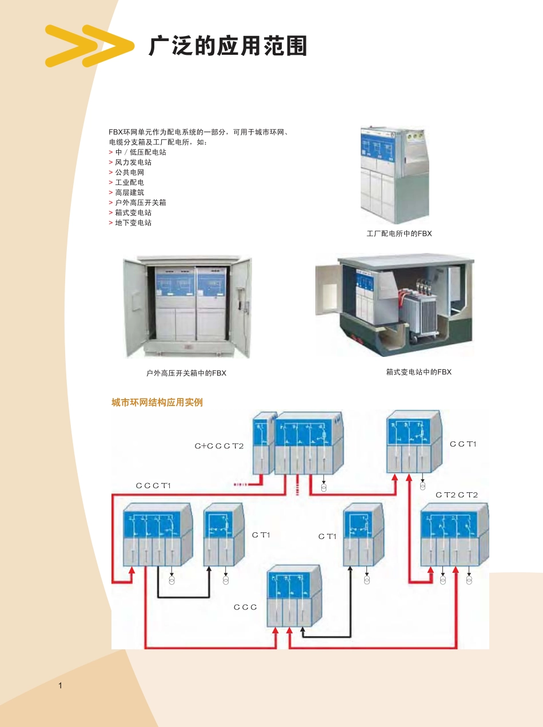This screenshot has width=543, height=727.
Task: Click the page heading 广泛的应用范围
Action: [227, 46]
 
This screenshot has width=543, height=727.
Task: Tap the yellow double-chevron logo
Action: [89, 46]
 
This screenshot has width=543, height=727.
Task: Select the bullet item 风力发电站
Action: [133, 162]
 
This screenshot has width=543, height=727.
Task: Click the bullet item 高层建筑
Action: [130, 192]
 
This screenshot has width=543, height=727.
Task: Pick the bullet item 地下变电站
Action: [133, 223]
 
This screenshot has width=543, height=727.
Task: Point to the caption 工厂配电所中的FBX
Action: [399, 234]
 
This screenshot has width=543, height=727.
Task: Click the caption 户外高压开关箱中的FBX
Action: [186, 373]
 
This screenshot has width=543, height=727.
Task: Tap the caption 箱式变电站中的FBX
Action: [418, 372]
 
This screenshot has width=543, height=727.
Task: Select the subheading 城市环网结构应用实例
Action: [157, 403]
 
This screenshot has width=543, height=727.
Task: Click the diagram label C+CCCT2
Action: [219, 445]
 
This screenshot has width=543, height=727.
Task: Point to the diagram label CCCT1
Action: [153, 485]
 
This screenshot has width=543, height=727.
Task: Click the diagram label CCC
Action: [245, 607]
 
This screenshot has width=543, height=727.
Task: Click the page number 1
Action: [60, 685]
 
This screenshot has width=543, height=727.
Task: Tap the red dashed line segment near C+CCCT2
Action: [247, 485]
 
